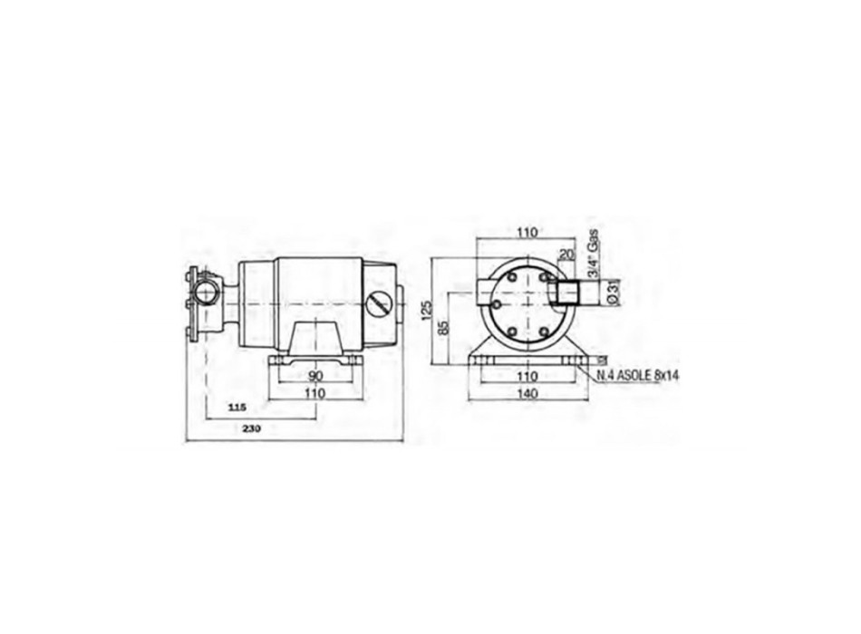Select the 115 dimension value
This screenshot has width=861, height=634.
pos(237,408)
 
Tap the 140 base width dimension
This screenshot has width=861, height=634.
pos(527,394)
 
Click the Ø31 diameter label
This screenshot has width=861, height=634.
pos(613,292)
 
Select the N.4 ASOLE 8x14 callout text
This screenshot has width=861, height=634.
pos(637,374)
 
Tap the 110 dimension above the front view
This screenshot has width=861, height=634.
pos(527,232)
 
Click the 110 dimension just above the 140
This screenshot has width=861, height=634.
pos(527,376)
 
